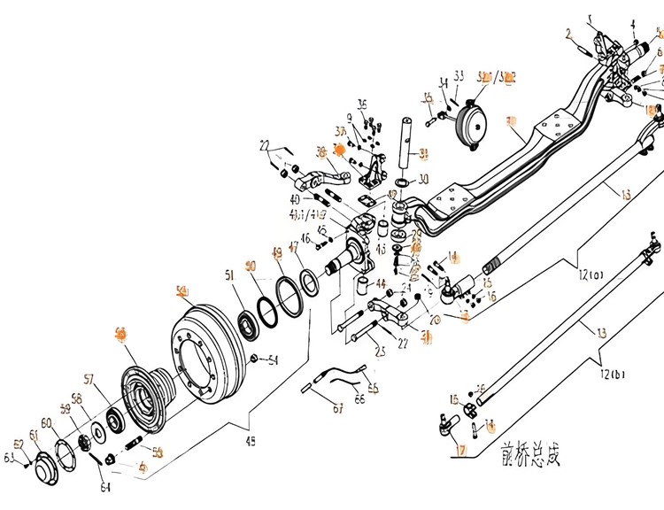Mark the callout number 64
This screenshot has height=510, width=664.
[105, 488]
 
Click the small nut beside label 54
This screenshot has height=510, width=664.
[254, 358]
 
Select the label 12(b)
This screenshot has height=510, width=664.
[611, 374]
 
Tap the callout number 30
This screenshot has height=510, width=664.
[423, 180]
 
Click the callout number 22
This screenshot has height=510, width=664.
[266, 145]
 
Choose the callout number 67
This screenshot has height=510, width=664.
[313, 408]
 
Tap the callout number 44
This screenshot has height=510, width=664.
[381, 284]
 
